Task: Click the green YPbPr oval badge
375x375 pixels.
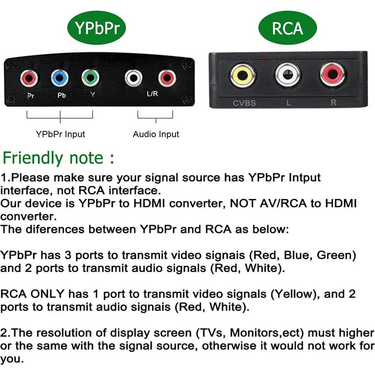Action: (96, 28)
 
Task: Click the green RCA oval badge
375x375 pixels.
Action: (287, 28)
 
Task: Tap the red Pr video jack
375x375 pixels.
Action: (29, 78)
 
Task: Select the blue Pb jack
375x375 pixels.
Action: (60, 78)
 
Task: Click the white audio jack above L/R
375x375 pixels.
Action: (134, 78)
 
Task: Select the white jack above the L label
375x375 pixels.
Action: (288, 74)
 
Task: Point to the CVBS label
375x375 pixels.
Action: (244, 103)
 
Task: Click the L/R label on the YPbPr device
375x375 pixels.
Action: (152, 94)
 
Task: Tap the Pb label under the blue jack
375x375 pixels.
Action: (61, 96)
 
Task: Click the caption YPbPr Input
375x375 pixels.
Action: (60, 134)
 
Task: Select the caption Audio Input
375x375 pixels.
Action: (156, 134)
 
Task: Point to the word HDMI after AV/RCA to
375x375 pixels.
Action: (339, 204)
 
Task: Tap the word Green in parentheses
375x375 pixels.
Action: (336, 256)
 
